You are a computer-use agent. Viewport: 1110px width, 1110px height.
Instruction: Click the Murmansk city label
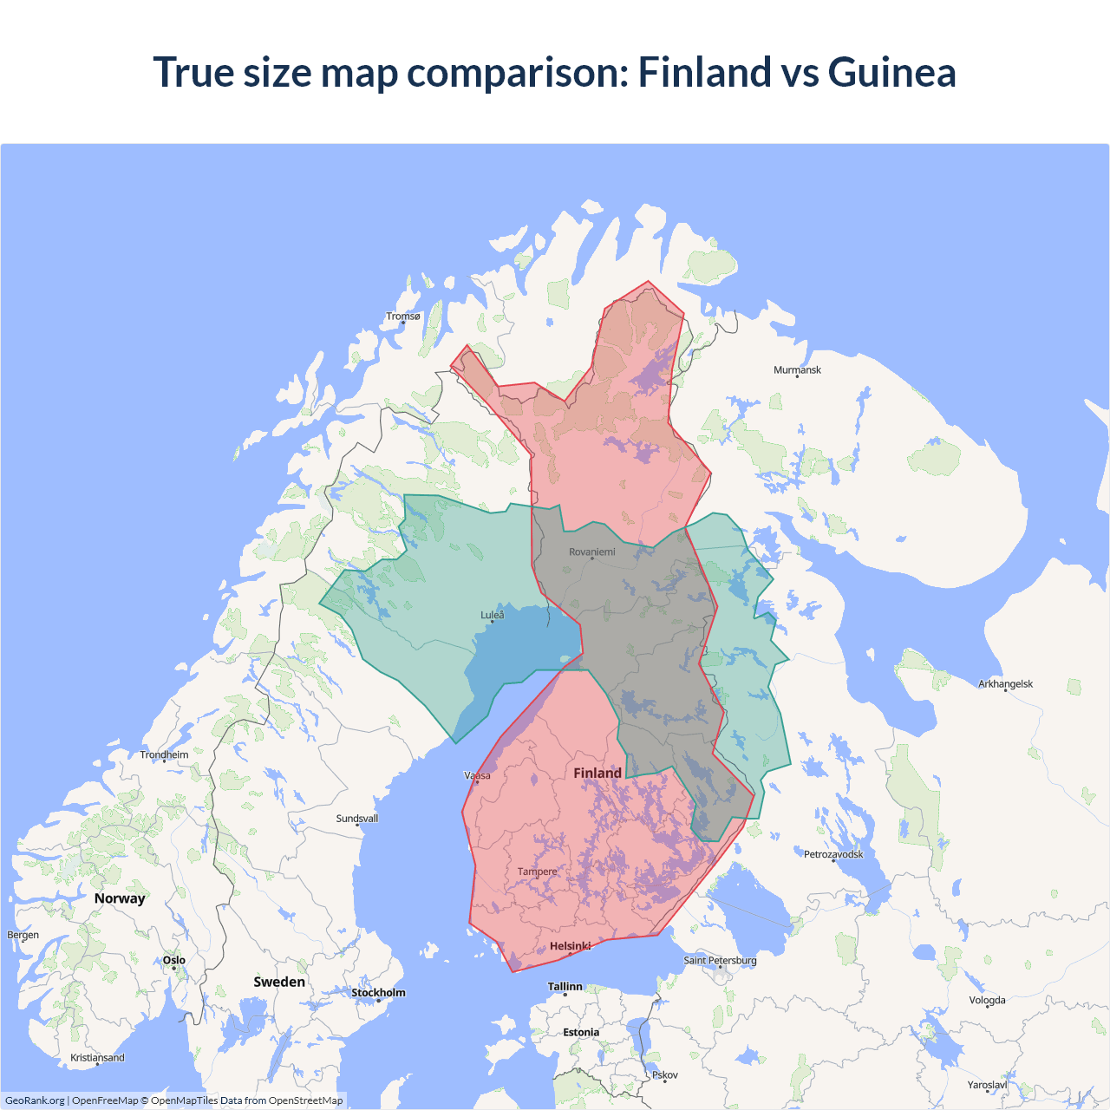[797, 370]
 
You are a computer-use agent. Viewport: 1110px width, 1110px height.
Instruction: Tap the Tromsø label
[403, 317]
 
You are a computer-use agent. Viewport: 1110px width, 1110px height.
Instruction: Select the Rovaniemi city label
[592, 552]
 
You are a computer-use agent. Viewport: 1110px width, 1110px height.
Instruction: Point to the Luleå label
[492, 616]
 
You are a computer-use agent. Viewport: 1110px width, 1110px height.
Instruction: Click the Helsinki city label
[570, 946]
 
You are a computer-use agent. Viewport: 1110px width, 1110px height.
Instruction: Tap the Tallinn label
[565, 987]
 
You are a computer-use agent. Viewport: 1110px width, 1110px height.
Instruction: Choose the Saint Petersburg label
[720, 961]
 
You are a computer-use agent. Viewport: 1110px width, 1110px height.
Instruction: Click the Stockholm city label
[378, 993]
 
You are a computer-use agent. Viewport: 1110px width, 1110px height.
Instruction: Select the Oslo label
[174, 961]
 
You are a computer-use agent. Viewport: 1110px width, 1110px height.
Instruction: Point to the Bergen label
[23, 936]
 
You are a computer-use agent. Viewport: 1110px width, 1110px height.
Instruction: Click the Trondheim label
[164, 755]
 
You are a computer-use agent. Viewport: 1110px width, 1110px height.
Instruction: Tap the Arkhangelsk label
[1005, 684]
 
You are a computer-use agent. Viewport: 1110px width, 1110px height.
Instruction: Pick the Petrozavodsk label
[833, 855]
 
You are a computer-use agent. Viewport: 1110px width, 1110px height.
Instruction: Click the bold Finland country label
[597, 774]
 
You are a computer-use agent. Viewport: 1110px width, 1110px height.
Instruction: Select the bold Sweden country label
[279, 983]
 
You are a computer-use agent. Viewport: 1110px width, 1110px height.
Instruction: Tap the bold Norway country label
[120, 899]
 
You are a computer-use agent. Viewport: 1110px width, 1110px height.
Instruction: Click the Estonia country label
[581, 1033]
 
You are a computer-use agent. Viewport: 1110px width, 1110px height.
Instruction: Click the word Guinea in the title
[891, 72]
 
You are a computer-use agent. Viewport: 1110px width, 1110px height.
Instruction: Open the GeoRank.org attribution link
[35, 1100]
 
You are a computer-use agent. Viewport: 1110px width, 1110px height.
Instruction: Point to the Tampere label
[537, 872]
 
